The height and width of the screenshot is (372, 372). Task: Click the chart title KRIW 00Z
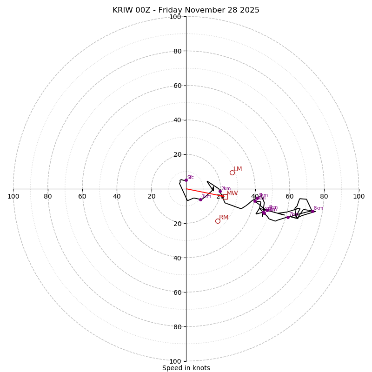[x=186, y=10]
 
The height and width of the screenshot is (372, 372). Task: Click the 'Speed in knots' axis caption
[x=186, y=368]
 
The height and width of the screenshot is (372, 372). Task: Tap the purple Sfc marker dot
[x=186, y=180]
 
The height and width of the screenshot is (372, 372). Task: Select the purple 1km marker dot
[x=200, y=199]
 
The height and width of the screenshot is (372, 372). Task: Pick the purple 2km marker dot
[x=220, y=191]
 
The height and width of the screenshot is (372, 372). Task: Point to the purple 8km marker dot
[x=313, y=211]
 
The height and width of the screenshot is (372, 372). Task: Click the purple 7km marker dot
[x=288, y=217]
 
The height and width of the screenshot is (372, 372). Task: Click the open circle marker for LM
[x=232, y=173]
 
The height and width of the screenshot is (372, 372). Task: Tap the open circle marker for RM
[x=218, y=221]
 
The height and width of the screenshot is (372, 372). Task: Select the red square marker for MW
[x=225, y=197]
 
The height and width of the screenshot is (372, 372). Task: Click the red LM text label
[x=238, y=169]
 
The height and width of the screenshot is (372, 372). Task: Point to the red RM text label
[x=224, y=218]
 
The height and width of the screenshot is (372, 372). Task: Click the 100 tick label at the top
[x=175, y=17]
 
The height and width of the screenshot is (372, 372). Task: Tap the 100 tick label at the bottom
[x=175, y=361]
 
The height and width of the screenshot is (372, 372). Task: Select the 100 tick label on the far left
[x=13, y=196]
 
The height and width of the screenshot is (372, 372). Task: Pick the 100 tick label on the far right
[x=359, y=196]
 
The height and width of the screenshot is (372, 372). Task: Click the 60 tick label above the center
[x=177, y=86]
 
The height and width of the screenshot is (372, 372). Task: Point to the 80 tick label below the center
[x=177, y=327]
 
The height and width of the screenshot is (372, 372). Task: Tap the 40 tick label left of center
[x=117, y=196]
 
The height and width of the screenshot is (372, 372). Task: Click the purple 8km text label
[x=319, y=208]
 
